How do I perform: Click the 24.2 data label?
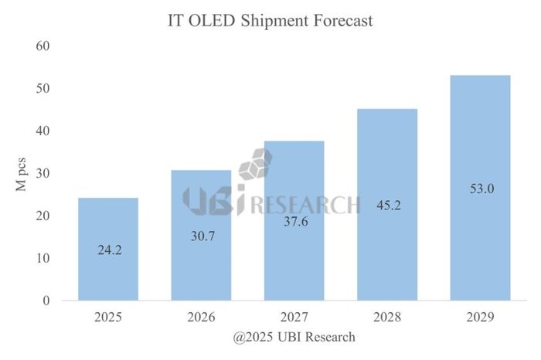click(108, 251)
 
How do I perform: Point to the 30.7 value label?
click(201, 236)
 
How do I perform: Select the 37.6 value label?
click(294, 222)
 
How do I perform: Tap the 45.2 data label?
click(386, 205)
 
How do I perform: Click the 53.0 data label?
click(479, 188)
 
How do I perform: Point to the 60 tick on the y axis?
click(43, 46)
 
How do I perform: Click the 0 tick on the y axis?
click(46, 301)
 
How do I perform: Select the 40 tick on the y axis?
click(43, 131)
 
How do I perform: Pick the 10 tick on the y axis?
click(43, 258)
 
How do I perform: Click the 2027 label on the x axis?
click(294, 317)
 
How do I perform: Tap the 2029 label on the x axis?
click(479, 317)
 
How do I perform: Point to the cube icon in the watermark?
click(256, 166)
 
